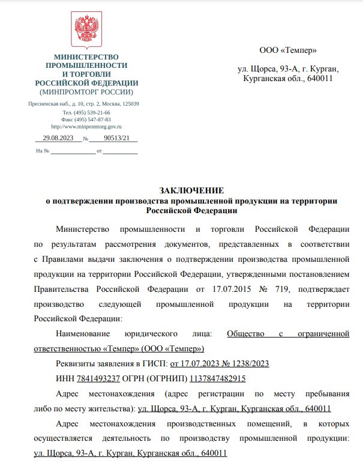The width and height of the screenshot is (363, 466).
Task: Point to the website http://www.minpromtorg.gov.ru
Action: [x=86, y=127]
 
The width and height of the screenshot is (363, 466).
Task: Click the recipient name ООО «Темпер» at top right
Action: [x=287, y=50]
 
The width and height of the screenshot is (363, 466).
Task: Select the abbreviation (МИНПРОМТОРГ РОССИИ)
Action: [x=86, y=92]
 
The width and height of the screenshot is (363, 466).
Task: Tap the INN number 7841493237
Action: [x=98, y=379]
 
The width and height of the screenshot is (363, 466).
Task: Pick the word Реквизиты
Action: [x=75, y=364]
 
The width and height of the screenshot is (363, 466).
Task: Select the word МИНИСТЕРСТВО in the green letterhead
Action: [x=86, y=56]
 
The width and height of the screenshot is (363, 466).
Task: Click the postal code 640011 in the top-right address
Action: [x=319, y=79]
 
